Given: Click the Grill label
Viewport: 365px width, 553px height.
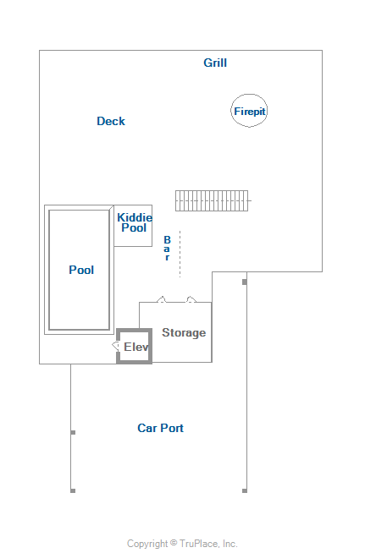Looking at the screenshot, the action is [x=215, y=63].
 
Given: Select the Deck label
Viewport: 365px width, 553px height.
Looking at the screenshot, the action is [x=111, y=121].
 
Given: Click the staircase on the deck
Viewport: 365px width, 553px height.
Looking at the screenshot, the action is [x=212, y=200].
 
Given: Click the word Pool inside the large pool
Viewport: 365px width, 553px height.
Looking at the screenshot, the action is [x=81, y=270].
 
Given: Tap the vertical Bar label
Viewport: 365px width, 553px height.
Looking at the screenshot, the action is [x=167, y=249].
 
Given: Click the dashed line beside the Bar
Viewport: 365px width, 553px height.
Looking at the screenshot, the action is [x=180, y=254].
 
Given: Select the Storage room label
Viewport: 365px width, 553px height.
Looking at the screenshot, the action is [x=184, y=332].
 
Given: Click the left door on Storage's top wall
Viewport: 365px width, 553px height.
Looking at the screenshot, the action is [x=162, y=299].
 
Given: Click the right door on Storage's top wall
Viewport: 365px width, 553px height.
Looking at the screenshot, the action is [x=191, y=299].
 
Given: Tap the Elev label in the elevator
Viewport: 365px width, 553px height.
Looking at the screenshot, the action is [x=136, y=347].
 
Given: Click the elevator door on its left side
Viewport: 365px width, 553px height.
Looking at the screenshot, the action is [x=115, y=346].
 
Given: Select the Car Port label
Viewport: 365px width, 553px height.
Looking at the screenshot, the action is [x=160, y=428].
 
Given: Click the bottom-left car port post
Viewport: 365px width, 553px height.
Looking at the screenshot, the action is [x=73, y=490].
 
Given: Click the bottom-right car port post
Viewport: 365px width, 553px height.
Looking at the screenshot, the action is [x=245, y=490].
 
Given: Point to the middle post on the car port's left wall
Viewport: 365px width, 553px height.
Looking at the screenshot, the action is [x=73, y=432].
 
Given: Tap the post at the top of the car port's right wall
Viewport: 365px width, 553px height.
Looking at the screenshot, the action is [x=245, y=282].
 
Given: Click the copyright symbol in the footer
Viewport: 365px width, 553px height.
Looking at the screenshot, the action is [x=174, y=542].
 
